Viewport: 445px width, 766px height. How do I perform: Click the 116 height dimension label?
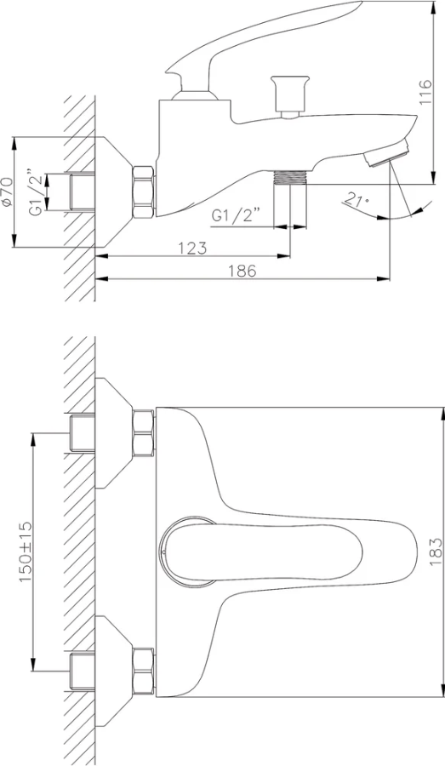[x=425, y=91]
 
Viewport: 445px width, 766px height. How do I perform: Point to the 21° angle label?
[x=356, y=200]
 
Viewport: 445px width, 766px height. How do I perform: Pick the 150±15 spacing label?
[x=25, y=552]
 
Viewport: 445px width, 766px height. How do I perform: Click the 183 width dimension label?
[x=436, y=552]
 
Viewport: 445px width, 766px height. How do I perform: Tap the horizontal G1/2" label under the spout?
[x=236, y=216]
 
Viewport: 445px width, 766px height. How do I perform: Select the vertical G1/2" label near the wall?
[x=36, y=192]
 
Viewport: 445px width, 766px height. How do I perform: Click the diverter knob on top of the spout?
[x=290, y=96]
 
